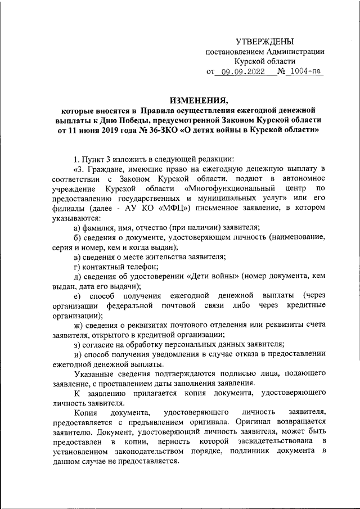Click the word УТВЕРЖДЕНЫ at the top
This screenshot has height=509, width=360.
pyautogui.click(x=264, y=41)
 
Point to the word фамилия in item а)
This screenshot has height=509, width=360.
pyautogui.click(x=101, y=227)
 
